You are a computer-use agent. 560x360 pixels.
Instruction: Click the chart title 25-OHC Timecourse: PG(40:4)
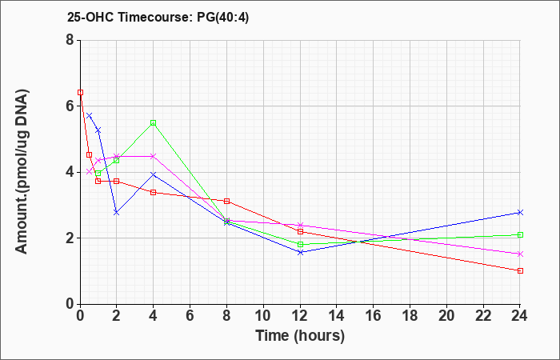click(158, 17)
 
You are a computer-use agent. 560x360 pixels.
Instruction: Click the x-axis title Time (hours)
click(300, 336)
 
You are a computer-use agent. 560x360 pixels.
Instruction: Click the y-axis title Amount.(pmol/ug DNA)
click(22, 171)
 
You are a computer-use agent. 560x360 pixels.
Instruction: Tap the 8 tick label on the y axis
click(70, 40)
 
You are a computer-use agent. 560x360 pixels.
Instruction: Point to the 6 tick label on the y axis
click(70, 106)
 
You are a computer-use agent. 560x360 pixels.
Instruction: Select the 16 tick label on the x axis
click(374, 316)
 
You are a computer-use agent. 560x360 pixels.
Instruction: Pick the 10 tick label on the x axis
click(263, 316)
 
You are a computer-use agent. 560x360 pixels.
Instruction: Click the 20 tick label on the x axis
click(446, 316)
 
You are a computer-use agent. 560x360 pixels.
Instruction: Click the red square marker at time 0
click(80, 93)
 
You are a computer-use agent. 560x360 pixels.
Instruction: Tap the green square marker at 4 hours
click(154, 123)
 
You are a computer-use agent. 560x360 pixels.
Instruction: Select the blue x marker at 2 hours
click(117, 213)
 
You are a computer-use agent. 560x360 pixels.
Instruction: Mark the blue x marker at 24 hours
click(520, 213)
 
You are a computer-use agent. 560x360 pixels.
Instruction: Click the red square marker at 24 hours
click(520, 270)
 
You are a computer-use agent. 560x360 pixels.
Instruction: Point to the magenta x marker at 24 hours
click(520, 254)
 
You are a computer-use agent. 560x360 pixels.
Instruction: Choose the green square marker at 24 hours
click(520, 234)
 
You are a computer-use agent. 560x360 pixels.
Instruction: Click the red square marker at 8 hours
click(226, 201)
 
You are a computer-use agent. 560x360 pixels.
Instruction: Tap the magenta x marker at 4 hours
click(154, 156)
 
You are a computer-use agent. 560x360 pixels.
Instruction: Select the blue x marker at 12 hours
click(300, 253)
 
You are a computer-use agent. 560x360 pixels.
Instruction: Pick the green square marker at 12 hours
click(300, 244)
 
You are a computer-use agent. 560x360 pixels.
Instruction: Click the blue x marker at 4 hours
click(154, 174)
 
